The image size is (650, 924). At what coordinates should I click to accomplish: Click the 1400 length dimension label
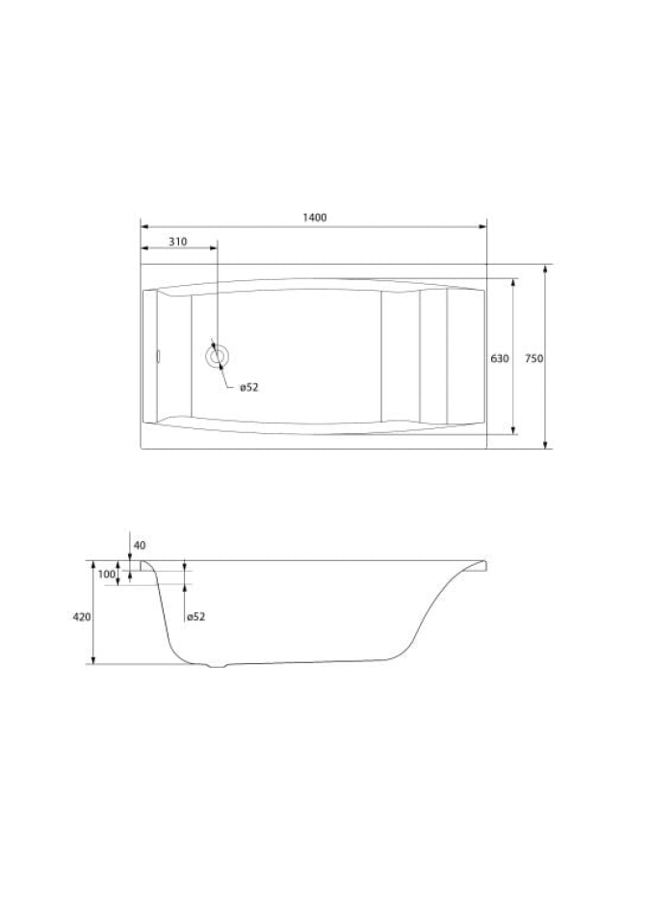pos(314,218)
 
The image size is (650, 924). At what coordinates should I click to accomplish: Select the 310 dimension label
pos(177,242)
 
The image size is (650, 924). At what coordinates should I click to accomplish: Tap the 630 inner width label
pos(500,358)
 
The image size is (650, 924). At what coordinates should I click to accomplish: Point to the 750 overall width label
pos(534,358)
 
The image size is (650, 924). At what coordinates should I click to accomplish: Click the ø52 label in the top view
pos(248,387)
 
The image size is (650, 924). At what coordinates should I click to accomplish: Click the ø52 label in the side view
pos(195,616)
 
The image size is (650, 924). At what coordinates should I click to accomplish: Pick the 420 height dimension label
pos(82,616)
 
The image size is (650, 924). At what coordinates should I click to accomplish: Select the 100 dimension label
pos(107,574)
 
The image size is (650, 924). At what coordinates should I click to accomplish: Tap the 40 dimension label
pos(140,545)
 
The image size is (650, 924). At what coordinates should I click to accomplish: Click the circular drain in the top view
pos(217,356)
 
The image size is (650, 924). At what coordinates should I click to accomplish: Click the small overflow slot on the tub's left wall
pos(158,356)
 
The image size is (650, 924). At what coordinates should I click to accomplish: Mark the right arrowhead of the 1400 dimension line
pos(482,226)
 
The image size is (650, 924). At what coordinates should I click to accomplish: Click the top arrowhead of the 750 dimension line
pos(545,269)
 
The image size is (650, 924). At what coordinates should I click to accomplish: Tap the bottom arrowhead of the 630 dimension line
pos(513,430)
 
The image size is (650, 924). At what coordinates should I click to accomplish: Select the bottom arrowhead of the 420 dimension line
pos(93,659)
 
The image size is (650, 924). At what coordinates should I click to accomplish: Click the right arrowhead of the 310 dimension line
pos(213,248)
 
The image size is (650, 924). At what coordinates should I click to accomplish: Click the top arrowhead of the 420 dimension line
pos(93,565)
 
